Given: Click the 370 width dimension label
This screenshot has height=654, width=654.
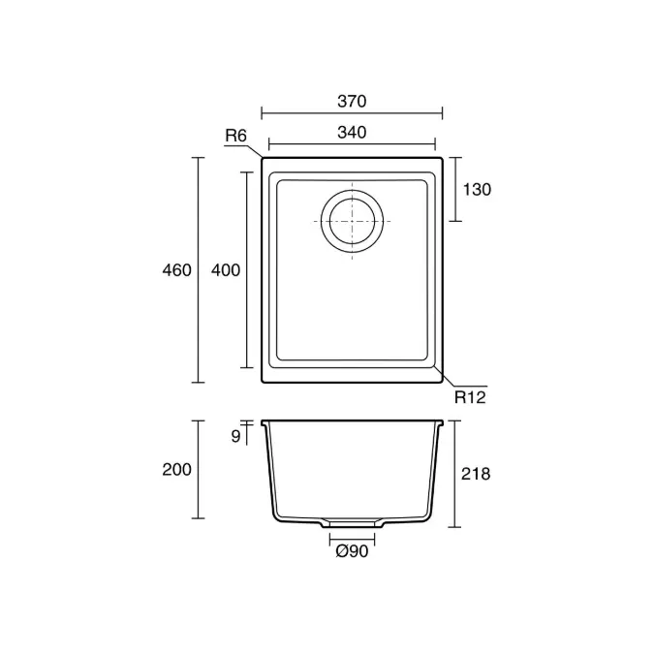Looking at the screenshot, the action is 352,102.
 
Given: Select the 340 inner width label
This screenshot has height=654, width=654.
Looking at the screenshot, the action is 352,133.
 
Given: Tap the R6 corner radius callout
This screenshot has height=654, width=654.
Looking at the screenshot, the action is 236,136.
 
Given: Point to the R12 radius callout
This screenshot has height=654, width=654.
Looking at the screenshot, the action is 470,397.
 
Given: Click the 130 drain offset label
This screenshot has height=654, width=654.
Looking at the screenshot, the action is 477,190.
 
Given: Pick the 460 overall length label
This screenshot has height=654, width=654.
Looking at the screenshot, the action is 177,270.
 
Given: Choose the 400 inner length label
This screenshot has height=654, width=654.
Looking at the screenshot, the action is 226,270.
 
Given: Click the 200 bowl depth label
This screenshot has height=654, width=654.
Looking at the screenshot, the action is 177,470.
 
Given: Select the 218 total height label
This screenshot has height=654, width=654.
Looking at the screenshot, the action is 476,474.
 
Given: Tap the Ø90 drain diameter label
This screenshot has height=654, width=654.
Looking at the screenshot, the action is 352,551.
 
